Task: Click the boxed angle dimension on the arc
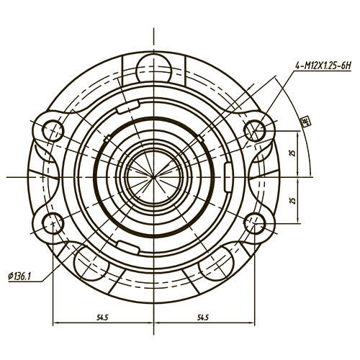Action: click(305, 120)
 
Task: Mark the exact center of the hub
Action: click(154, 176)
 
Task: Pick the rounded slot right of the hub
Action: click(229, 176)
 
